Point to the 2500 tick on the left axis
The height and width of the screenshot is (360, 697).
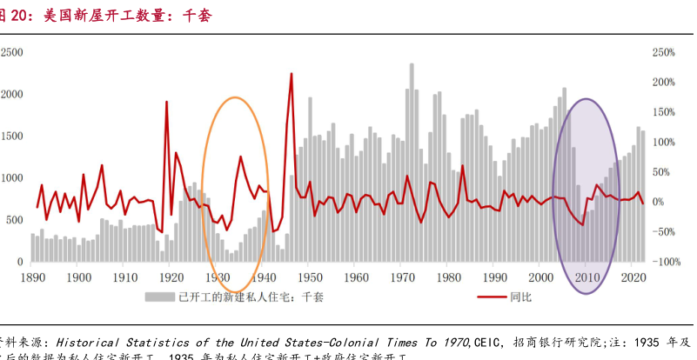(12, 52)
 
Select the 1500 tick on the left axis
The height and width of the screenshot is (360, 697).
(12, 137)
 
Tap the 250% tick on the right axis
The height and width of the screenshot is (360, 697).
(663, 52)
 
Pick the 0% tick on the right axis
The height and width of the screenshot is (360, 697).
(659, 202)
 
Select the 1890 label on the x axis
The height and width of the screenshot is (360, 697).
(33, 277)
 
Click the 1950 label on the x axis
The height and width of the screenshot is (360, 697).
(309, 277)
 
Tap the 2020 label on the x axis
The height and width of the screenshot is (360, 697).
(633, 277)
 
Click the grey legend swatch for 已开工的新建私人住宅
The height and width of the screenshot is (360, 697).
(159, 297)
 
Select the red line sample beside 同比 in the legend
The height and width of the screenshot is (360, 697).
(495, 297)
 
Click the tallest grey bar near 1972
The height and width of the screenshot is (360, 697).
(411, 64)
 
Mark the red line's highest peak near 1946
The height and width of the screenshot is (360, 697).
(291, 74)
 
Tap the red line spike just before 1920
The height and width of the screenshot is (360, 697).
(166, 103)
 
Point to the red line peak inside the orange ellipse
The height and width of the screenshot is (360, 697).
(240, 157)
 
